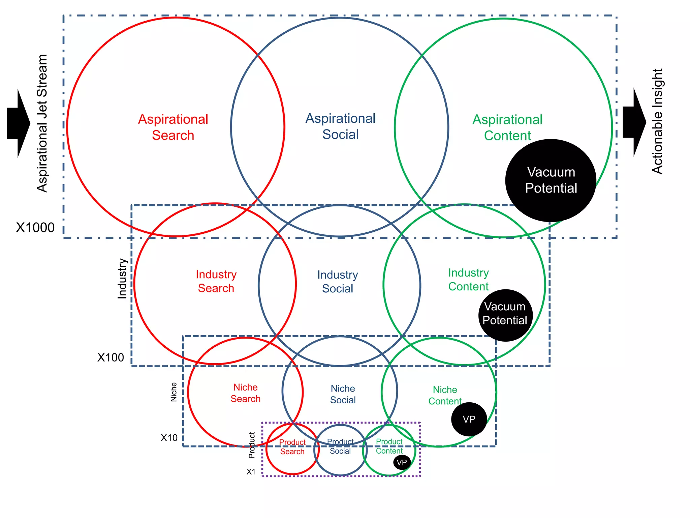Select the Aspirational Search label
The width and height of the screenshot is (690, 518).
173,127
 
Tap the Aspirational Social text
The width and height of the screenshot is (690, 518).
340,126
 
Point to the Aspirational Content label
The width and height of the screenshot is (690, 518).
507,127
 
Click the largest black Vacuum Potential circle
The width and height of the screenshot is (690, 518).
551,180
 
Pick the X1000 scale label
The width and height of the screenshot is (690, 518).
35,228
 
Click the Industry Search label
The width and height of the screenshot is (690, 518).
216,281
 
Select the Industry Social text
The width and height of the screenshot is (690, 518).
338,282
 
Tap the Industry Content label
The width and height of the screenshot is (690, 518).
468,280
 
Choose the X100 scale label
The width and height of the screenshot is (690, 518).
111,357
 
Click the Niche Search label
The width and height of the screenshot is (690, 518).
245,393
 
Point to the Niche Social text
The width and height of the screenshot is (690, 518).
343,394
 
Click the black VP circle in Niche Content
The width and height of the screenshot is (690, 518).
469,419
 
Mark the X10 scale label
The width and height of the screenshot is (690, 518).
169,438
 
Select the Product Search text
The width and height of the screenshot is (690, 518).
292,447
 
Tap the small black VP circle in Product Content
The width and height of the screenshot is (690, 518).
402,462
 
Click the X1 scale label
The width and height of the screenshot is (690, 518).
251,471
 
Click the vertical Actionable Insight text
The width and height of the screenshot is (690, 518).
657,121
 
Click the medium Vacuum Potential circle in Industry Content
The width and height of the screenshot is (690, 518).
505,315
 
